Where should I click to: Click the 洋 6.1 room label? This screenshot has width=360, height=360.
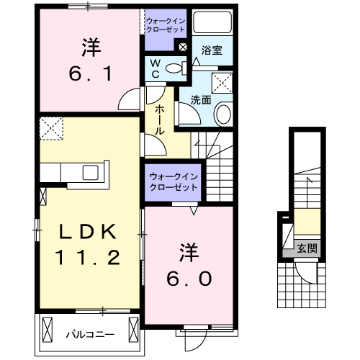89,60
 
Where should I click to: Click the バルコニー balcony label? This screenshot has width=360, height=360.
90,334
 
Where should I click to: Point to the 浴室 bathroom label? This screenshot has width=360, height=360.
211,51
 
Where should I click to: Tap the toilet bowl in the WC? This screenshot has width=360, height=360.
173,69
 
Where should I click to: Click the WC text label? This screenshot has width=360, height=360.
155,68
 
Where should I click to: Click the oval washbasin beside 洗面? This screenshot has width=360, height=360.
222,114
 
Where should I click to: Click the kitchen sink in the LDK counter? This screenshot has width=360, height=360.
92,172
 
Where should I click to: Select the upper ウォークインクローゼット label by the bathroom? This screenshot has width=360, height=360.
166,26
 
